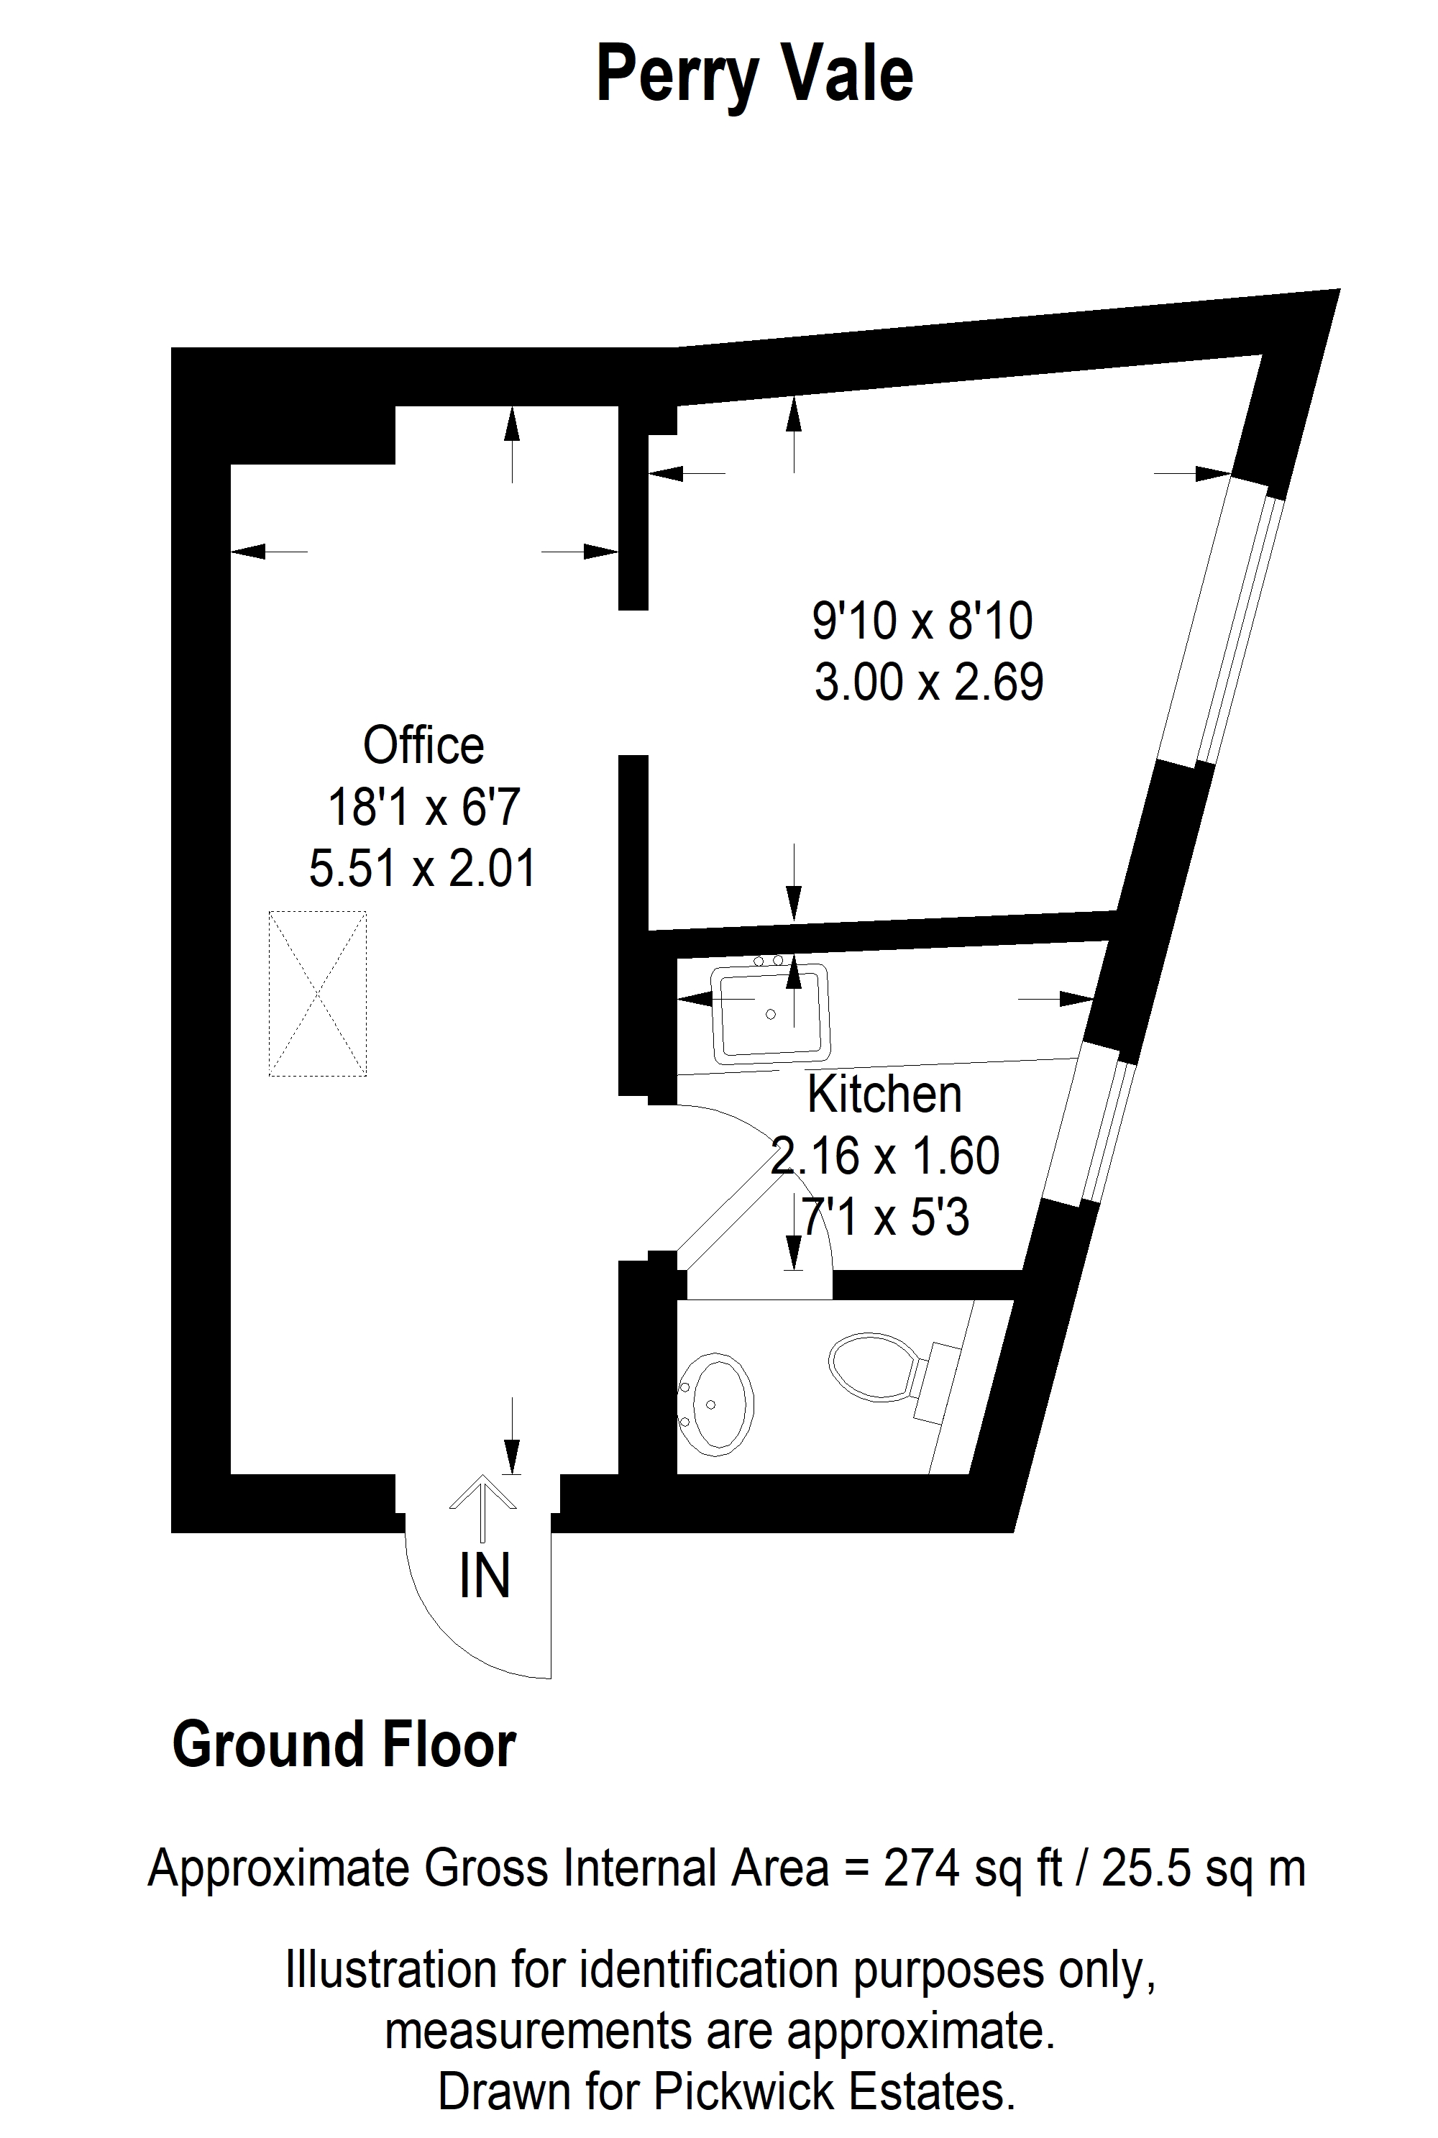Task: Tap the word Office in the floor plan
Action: pos(423,745)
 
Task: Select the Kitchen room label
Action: pos(885,1095)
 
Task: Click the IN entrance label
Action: pos(484,1576)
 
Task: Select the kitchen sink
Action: pos(771,1012)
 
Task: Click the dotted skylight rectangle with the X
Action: pos(317,993)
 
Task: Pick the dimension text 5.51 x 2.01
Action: pos(422,868)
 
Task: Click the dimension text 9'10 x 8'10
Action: pos(922,621)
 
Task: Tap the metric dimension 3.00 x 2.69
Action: pos(929,682)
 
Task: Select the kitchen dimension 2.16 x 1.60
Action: pos(885,1156)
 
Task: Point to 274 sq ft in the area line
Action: pos(973,1868)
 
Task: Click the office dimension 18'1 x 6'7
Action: pos(423,807)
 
